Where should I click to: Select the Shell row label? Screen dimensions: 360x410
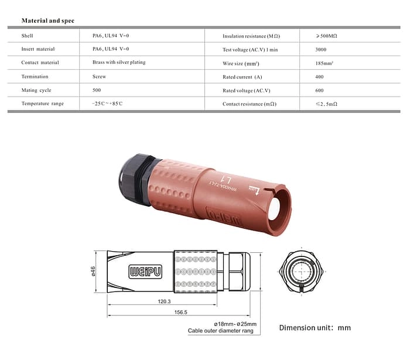coord(28,36)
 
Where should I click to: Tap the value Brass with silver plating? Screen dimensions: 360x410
coord(119,62)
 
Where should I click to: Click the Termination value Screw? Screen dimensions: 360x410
coord(99,76)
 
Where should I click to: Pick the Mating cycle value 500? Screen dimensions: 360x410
coord(97,90)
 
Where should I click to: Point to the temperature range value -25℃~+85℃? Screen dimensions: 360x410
coord(107,104)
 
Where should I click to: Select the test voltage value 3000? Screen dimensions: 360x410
coord(322,50)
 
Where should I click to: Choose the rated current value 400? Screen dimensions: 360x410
coord(320,77)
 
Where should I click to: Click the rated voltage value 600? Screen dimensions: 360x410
coord(320,90)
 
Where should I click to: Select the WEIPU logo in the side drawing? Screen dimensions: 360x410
coord(145,272)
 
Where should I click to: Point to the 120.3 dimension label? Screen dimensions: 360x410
coord(165,301)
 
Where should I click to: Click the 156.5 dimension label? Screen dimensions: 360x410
coord(180,313)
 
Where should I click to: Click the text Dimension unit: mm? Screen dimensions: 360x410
coord(315,328)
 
